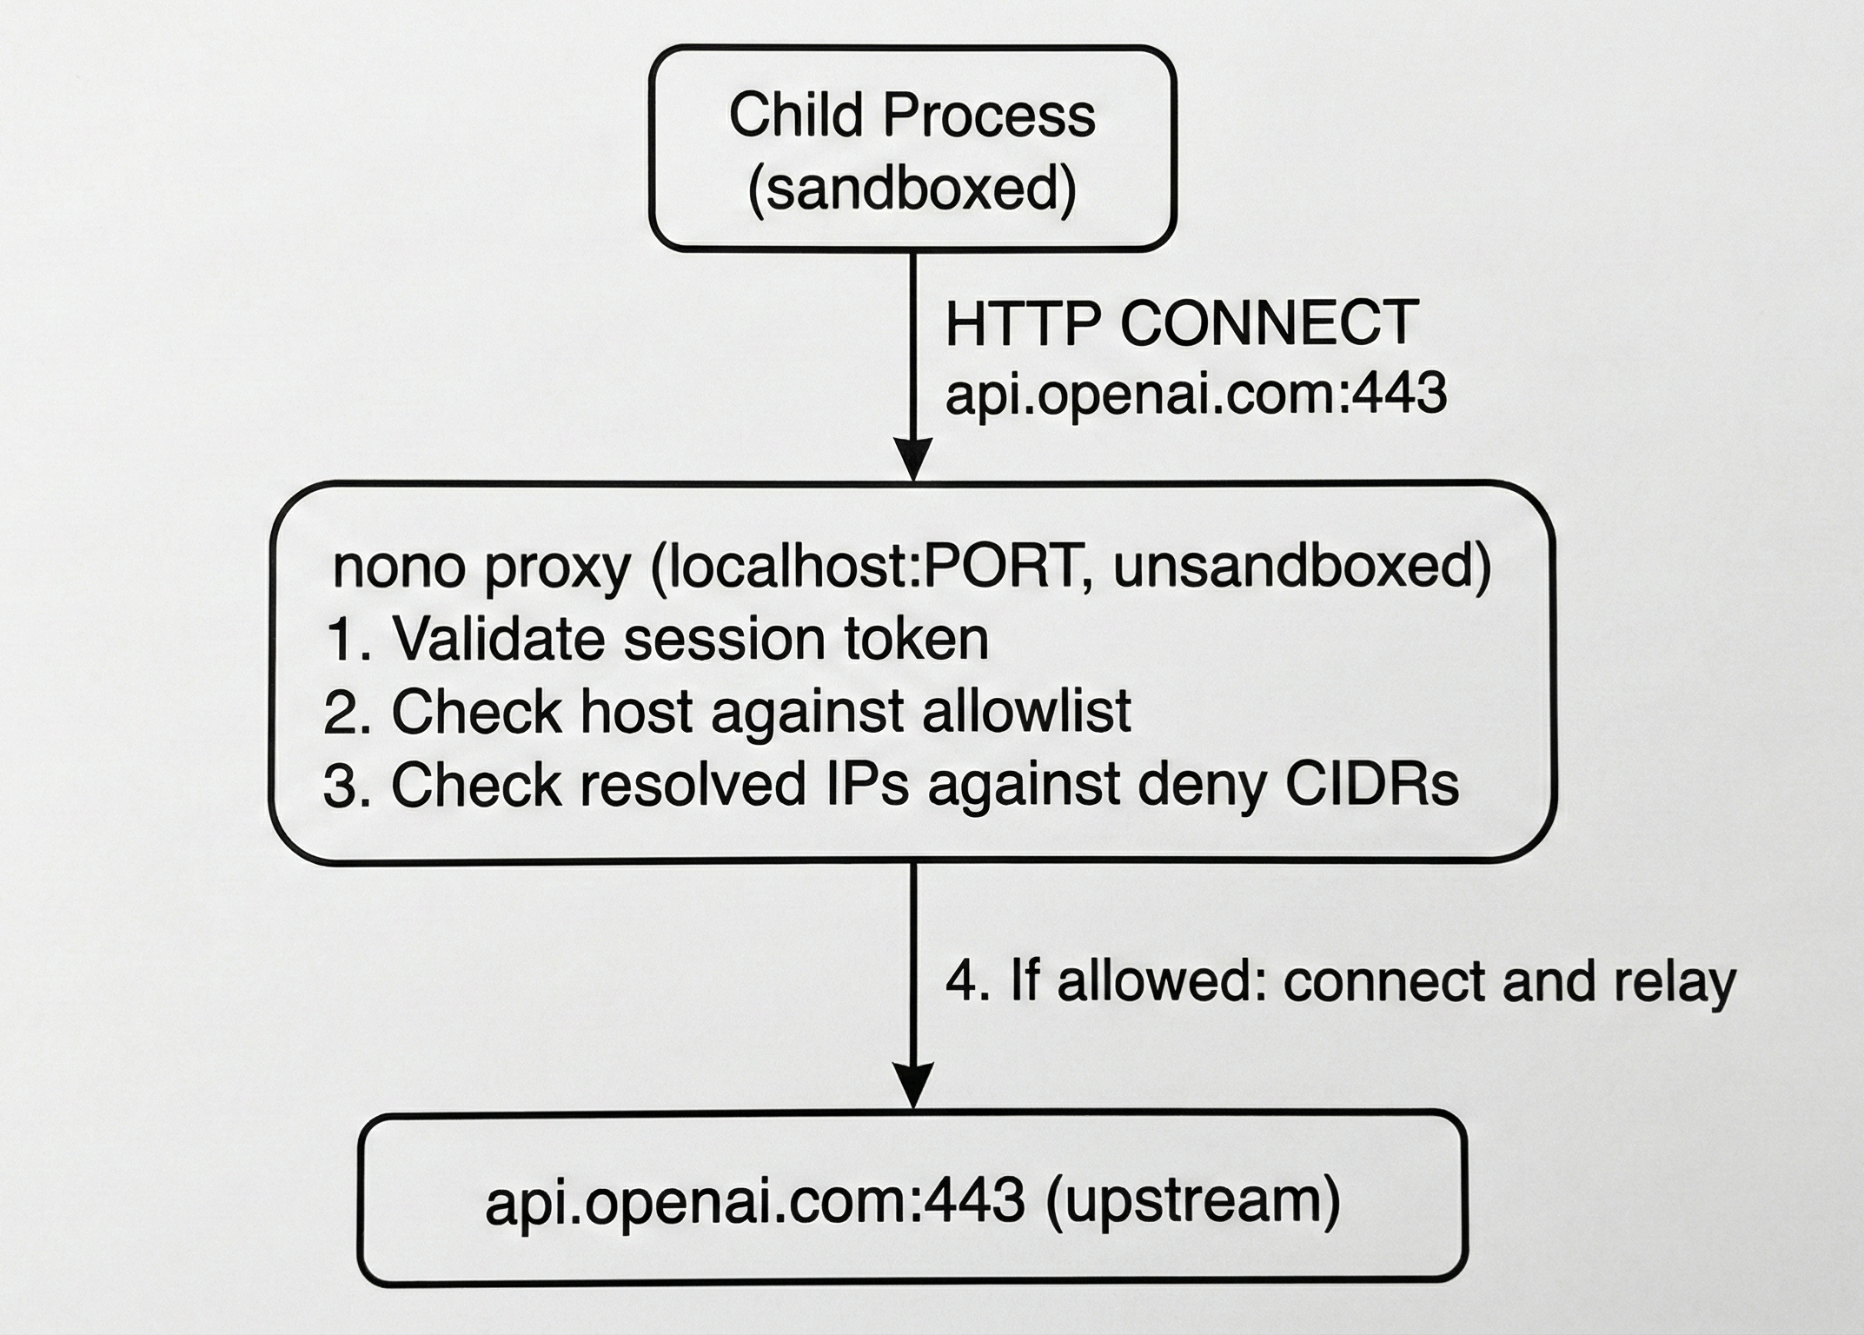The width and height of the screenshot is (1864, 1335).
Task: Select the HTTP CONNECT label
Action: tap(1182, 323)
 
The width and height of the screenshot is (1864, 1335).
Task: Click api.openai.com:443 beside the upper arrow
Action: tap(1196, 394)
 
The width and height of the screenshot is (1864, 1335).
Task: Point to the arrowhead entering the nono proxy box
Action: tap(913, 459)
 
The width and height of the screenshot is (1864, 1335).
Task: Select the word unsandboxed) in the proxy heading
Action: tap(1301, 568)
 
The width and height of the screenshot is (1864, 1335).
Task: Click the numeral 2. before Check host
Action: tap(348, 713)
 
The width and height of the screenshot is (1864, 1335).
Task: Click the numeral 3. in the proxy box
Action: tap(348, 786)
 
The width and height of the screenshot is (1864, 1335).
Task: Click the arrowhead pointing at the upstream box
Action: tap(913, 1086)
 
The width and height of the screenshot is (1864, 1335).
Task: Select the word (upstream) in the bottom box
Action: tap(1193, 1202)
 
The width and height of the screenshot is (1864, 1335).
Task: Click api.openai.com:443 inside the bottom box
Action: tap(754, 1204)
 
